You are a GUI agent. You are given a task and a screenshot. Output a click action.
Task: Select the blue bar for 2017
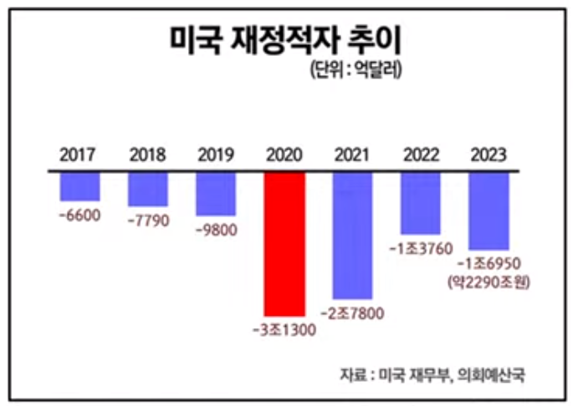[x=80, y=186]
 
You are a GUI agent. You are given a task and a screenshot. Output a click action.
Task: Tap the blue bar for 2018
[x=148, y=190]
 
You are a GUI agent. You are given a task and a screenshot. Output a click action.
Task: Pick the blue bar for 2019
[x=216, y=194]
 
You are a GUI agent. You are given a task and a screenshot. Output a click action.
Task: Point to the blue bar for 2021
[x=352, y=235]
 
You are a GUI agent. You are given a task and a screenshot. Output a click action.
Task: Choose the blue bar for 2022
[x=421, y=203]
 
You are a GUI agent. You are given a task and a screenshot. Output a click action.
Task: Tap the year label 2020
[x=284, y=155]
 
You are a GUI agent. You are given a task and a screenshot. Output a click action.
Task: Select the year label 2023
[x=489, y=155]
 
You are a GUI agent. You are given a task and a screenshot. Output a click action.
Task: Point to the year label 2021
[x=352, y=155]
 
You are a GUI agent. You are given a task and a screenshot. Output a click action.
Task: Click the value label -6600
[x=79, y=215]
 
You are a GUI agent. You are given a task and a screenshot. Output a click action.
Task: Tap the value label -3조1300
[x=284, y=330]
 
